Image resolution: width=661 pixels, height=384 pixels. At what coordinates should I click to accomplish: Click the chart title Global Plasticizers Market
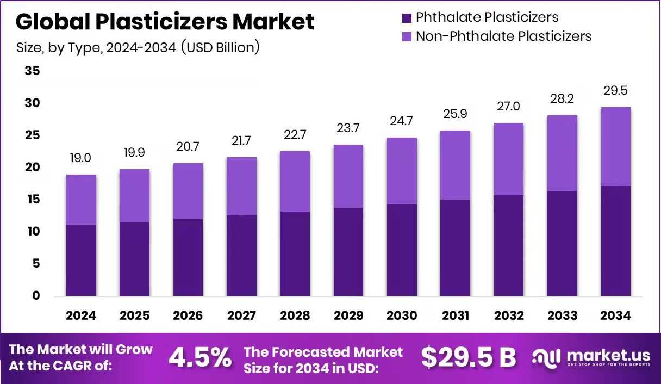(165, 22)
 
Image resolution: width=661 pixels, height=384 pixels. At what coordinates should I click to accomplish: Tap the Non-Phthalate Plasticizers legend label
(503, 36)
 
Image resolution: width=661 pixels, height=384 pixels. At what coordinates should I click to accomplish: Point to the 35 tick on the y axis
(33, 71)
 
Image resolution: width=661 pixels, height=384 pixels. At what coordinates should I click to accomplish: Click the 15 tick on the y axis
(33, 200)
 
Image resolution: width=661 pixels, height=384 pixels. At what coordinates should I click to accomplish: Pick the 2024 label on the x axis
(82, 316)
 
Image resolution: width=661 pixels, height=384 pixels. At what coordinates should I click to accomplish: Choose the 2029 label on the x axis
(348, 316)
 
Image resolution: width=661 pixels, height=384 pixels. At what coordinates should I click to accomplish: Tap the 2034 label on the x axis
(615, 316)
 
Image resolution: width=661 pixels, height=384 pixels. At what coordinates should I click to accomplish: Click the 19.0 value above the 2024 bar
(81, 158)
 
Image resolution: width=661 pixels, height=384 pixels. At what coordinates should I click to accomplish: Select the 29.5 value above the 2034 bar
(615, 90)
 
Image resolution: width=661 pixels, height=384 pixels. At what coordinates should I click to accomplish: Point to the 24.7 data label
(402, 121)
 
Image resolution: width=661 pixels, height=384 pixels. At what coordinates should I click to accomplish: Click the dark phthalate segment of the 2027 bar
(242, 256)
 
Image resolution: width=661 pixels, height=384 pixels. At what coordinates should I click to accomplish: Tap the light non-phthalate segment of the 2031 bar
(456, 165)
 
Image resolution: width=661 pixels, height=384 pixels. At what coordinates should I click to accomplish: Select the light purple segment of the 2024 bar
(82, 200)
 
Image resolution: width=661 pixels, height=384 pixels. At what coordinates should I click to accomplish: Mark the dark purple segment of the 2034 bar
(615, 241)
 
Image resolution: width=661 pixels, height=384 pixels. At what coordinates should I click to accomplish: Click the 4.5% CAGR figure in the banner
(200, 357)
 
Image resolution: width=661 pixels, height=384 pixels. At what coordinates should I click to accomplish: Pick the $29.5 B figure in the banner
(468, 357)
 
